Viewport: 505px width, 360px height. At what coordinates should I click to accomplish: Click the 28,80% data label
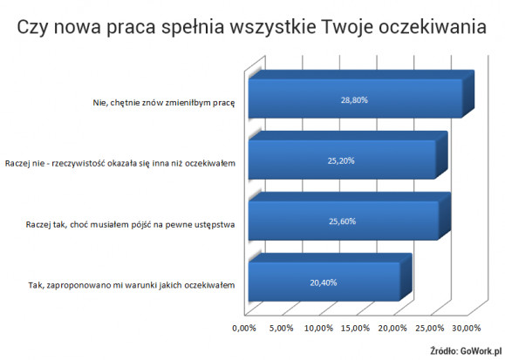(354, 100)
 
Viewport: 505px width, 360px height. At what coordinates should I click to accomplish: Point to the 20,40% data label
(324, 282)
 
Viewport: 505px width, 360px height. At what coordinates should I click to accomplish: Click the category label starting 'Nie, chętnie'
(164, 103)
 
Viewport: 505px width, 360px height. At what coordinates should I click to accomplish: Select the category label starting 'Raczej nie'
(120, 164)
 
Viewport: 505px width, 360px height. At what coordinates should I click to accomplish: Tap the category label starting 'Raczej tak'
(131, 224)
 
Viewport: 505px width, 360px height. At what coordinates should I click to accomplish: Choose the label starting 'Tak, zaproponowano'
(132, 285)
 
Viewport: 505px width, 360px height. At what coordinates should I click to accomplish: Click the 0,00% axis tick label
(244, 328)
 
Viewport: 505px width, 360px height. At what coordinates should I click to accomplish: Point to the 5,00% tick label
(281, 328)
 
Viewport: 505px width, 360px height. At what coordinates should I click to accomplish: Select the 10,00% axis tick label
(318, 328)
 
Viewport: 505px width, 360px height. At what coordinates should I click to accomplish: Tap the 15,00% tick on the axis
(356, 328)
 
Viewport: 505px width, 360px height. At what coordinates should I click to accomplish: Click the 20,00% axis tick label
(392, 328)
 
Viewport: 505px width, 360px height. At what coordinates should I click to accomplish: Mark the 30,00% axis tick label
(467, 328)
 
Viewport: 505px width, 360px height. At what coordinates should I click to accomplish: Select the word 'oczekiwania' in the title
(433, 27)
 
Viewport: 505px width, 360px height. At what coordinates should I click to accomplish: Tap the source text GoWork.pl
(481, 350)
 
